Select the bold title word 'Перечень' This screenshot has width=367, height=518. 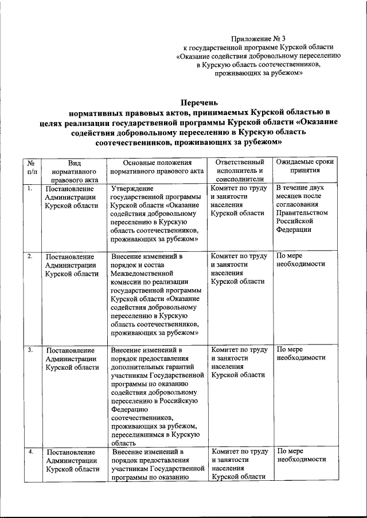(x=200, y=102)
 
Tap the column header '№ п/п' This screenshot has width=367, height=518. (x=32, y=167)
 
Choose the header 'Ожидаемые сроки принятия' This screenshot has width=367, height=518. (x=304, y=167)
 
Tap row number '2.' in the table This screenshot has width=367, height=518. (x=29, y=256)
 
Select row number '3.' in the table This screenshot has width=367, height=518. (x=29, y=349)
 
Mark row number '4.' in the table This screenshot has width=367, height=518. (x=29, y=452)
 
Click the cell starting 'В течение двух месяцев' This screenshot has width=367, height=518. (x=304, y=208)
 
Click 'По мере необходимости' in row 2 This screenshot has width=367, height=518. (x=301, y=260)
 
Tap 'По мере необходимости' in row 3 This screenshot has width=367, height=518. (x=301, y=353)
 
